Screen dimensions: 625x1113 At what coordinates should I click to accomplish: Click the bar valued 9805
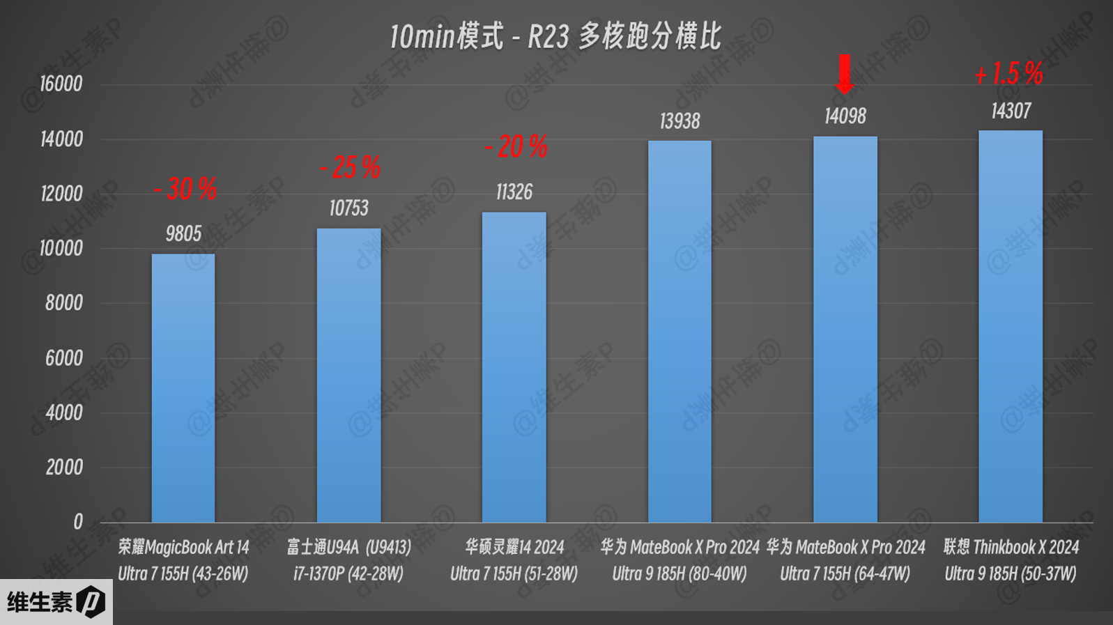click(183, 387)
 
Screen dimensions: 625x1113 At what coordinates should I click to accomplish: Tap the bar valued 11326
click(514, 367)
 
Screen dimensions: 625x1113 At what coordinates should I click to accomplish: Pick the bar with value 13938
click(680, 332)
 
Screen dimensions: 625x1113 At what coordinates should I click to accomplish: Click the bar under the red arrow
click(845, 329)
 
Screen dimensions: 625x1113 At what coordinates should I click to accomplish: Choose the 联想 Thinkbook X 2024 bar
click(1011, 326)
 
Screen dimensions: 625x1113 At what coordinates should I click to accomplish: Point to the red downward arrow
click(845, 73)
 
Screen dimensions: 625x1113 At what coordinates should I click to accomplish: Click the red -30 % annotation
click(185, 189)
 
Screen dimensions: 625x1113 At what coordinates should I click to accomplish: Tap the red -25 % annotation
click(350, 168)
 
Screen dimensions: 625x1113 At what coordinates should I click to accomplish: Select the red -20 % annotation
click(516, 147)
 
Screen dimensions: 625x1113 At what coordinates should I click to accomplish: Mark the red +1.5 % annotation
click(1008, 74)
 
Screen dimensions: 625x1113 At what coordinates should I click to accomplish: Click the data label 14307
click(1011, 111)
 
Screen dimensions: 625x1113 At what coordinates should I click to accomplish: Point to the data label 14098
click(845, 116)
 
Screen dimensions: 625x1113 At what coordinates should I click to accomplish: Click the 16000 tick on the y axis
click(61, 84)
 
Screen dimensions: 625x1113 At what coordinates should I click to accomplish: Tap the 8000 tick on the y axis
click(63, 303)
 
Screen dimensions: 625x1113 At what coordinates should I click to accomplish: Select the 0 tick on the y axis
click(77, 522)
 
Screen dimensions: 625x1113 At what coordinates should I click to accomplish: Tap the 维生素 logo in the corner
click(56, 602)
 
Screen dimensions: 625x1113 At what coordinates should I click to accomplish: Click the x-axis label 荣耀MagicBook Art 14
click(183, 548)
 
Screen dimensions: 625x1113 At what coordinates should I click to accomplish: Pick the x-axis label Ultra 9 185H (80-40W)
click(680, 574)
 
